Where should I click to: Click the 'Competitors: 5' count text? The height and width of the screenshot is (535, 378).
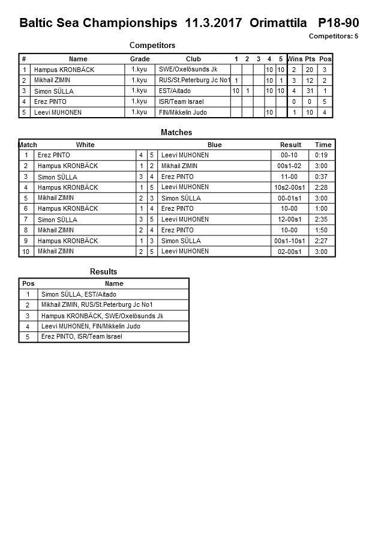[x=333, y=36]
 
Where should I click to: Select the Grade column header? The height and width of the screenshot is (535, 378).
[x=140, y=59]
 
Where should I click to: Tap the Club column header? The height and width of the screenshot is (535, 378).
[x=193, y=59]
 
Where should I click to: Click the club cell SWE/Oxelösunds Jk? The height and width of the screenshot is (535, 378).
[x=188, y=70]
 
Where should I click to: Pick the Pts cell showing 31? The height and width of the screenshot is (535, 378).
[x=309, y=91]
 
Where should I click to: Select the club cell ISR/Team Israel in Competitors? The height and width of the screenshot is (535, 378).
[x=181, y=102]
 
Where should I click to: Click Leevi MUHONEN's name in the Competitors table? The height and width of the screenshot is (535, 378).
[x=58, y=112]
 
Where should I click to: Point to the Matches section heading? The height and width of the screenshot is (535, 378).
[x=176, y=132]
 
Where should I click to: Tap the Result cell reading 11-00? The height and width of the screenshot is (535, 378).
[x=289, y=177]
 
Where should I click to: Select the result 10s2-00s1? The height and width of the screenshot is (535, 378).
[x=290, y=188]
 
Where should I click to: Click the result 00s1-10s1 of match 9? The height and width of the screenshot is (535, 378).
[x=290, y=241]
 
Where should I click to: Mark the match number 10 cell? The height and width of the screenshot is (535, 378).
[x=26, y=252]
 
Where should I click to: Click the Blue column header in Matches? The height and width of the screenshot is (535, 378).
[x=214, y=145]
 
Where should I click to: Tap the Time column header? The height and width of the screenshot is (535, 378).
[x=323, y=145]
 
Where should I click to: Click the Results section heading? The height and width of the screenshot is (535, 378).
[x=103, y=272]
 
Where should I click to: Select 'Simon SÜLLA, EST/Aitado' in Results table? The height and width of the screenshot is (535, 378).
[x=79, y=295]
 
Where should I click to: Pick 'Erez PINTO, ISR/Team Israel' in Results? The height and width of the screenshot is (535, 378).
[x=82, y=337]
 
